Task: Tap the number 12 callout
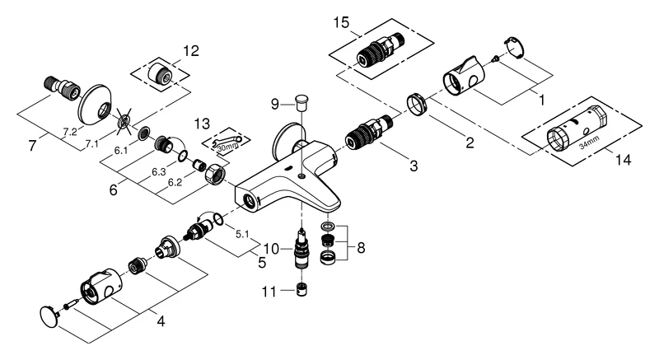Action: tap(191, 51)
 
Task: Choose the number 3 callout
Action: tap(413, 166)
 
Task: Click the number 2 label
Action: tap(469, 143)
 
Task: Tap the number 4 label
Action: tap(161, 320)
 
